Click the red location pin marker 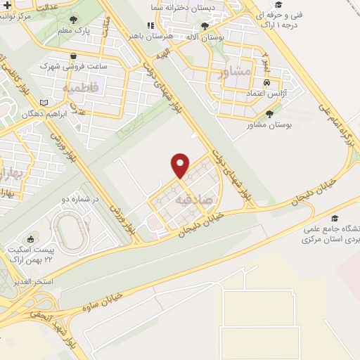pos(181,165)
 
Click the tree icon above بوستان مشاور pos(270,113)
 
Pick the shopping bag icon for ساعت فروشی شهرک pos(74,56)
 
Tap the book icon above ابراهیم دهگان pos(45,103)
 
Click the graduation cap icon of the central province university pos(335,219)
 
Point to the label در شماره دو pos(83,200)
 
